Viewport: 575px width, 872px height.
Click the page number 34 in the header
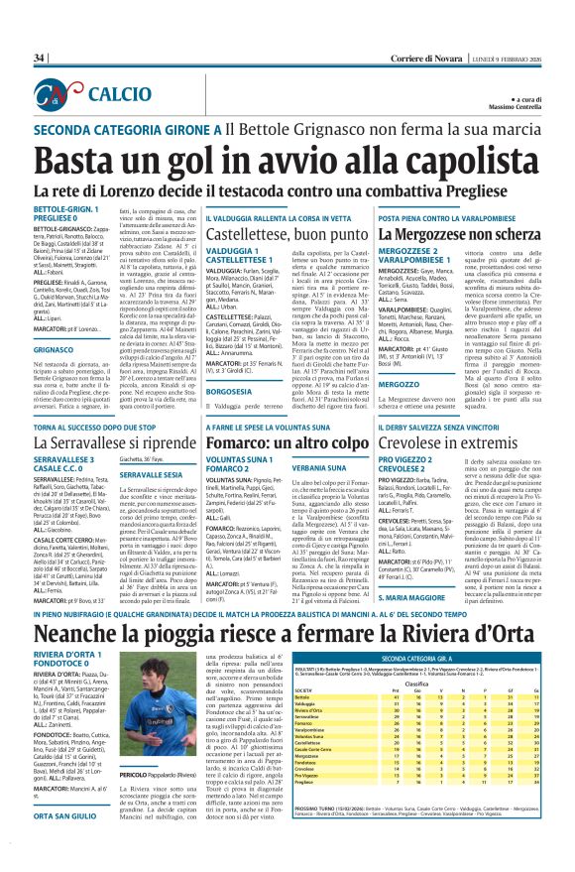pos(39,59)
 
